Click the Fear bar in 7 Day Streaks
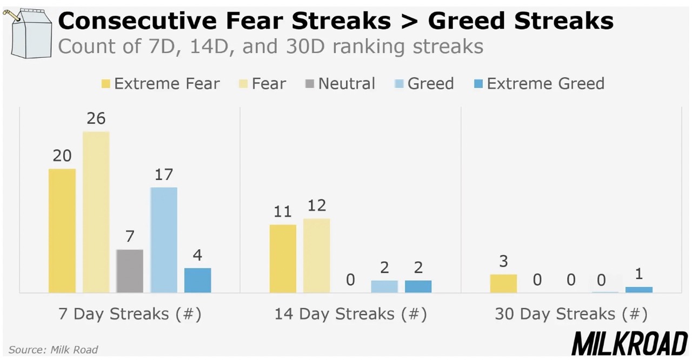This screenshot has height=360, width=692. click(96, 212)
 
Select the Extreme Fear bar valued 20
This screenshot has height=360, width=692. click(62, 231)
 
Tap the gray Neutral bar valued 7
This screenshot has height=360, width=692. click(130, 271)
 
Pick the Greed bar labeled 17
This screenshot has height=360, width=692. click(164, 240)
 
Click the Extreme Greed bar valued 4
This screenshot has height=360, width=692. click(198, 280)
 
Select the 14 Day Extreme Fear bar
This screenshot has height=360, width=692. click(283, 258)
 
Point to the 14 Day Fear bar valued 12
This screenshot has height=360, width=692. click(317, 256)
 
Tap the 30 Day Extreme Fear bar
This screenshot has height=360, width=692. click(503, 283)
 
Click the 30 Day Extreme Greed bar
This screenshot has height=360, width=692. click(639, 290)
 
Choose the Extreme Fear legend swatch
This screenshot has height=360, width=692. click(105, 84)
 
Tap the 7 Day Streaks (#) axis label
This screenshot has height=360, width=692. click(130, 314)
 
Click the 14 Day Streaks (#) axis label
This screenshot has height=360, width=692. click(350, 314)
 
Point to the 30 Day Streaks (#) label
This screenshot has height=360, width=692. click(571, 314)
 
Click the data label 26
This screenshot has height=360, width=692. click(96, 118)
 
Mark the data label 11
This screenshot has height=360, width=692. click(283, 211)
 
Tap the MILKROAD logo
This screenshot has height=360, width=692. click(629, 344)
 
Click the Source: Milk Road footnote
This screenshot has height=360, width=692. click(53, 350)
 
